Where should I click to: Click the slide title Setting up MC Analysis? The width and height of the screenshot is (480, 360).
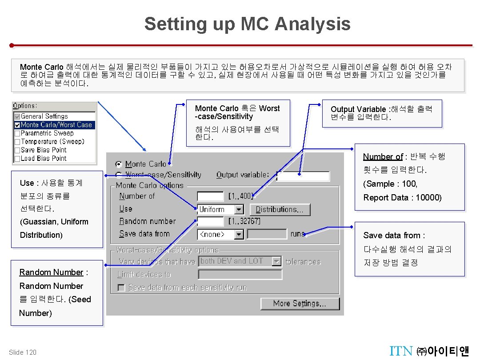pos(247,24)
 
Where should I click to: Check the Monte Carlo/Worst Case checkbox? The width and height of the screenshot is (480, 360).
pos(17,125)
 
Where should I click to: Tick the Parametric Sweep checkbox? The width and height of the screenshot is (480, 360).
pos(17,133)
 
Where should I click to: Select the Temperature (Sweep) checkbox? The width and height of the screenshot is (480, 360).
pos(17,142)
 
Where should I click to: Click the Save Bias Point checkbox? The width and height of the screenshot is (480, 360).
pos(17,150)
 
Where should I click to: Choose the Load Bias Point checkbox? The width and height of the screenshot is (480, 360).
pos(17,159)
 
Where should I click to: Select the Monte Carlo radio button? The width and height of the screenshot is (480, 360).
pos(119,164)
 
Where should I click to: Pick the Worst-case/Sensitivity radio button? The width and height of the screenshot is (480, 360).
pos(119,175)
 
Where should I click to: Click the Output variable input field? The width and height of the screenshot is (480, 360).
pos(303,176)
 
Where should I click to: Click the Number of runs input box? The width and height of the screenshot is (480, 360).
pos(210,196)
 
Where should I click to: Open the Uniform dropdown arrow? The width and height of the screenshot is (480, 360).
pos(239,209)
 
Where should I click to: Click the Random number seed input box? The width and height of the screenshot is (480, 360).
pos(210,221)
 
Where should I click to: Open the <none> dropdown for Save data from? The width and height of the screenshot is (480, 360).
pos(239,234)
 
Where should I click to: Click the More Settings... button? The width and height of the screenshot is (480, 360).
pos(300,304)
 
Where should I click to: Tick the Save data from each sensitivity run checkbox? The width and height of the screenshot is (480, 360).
pos(121,288)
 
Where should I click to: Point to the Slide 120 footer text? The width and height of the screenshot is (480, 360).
pos(23,352)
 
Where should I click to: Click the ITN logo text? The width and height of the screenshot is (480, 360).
pos(401,351)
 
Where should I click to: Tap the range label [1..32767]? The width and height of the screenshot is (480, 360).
pos(244,221)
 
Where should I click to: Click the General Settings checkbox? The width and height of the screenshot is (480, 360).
pos(17,116)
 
